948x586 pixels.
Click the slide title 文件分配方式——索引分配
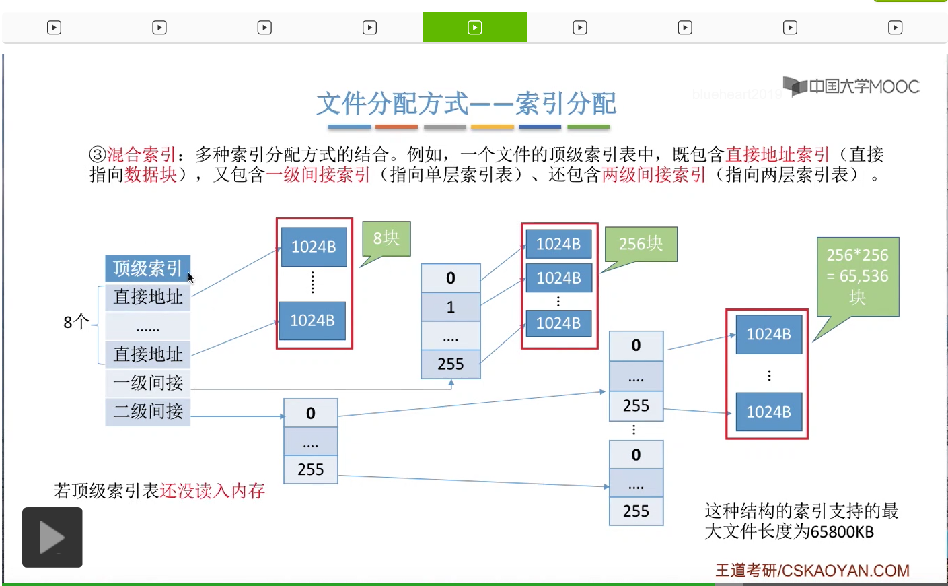[466, 104]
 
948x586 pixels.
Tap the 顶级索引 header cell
[147, 268]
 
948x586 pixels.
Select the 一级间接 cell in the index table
[148, 383]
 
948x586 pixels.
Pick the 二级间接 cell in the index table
[148, 411]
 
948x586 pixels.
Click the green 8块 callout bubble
[386, 238]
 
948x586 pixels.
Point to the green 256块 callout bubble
[641, 244]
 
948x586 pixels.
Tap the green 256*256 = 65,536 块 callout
[858, 276]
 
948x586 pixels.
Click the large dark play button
[52, 538]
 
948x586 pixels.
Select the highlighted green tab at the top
[475, 28]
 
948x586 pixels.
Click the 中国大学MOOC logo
[852, 86]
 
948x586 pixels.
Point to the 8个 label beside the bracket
[76, 322]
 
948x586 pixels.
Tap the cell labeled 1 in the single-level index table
[451, 307]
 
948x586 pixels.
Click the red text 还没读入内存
[213, 491]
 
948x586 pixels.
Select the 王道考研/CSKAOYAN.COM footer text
[812, 571]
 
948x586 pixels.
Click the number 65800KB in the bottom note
[842, 532]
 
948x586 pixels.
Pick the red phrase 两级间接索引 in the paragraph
[654, 175]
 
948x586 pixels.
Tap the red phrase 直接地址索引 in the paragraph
[778, 155]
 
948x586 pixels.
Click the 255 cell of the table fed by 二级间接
[311, 469]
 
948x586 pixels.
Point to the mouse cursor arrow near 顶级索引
[190, 277]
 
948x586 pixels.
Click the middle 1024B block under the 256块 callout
[558, 278]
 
